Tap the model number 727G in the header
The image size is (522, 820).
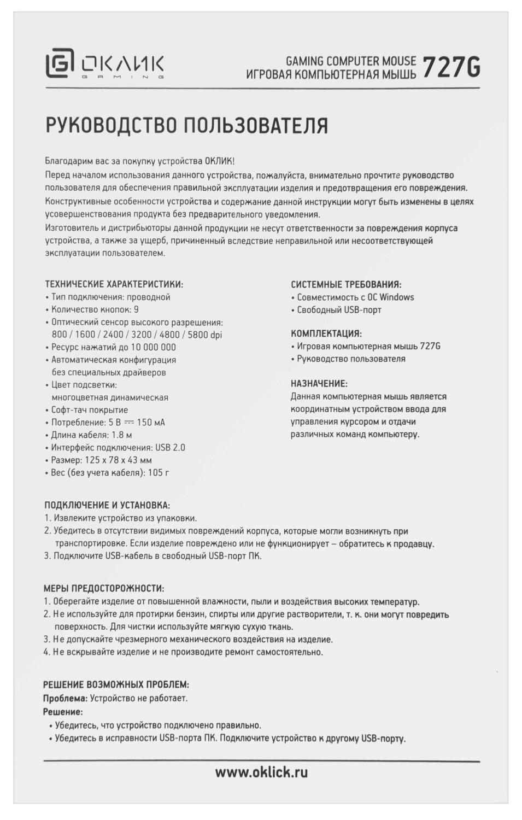tap(451, 68)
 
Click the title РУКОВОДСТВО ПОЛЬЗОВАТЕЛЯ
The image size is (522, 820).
tap(186, 125)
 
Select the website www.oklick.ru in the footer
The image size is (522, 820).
tap(261, 772)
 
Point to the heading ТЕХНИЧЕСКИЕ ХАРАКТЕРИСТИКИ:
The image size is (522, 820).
tap(114, 284)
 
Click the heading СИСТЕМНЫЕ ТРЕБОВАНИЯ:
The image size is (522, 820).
tap(346, 284)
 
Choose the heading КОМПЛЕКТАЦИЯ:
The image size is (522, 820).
tap(326, 333)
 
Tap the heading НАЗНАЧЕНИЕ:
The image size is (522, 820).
tap(319, 384)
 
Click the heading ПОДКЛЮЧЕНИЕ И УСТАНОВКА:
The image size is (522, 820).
tap(107, 506)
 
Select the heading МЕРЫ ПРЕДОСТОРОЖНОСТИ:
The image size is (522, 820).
tap(103, 589)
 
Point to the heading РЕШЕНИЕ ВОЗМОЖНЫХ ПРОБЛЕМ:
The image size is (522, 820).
tap(116, 684)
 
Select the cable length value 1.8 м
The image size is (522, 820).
tap(122, 435)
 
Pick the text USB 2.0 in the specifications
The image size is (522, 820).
tap(170, 448)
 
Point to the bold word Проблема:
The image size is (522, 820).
tap(65, 698)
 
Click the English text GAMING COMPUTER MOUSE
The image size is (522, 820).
tap(351, 61)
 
